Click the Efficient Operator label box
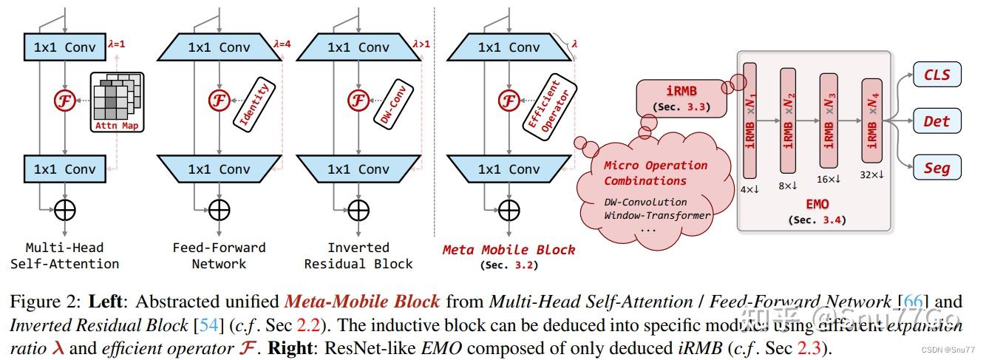coord(542,105)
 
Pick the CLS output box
coord(936,74)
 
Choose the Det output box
coord(936,120)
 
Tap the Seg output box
coord(936,167)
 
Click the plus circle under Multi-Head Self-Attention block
coord(67,210)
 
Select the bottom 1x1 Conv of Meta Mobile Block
coord(509,169)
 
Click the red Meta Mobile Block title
coord(509,250)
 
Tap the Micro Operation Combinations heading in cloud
coord(655,173)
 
